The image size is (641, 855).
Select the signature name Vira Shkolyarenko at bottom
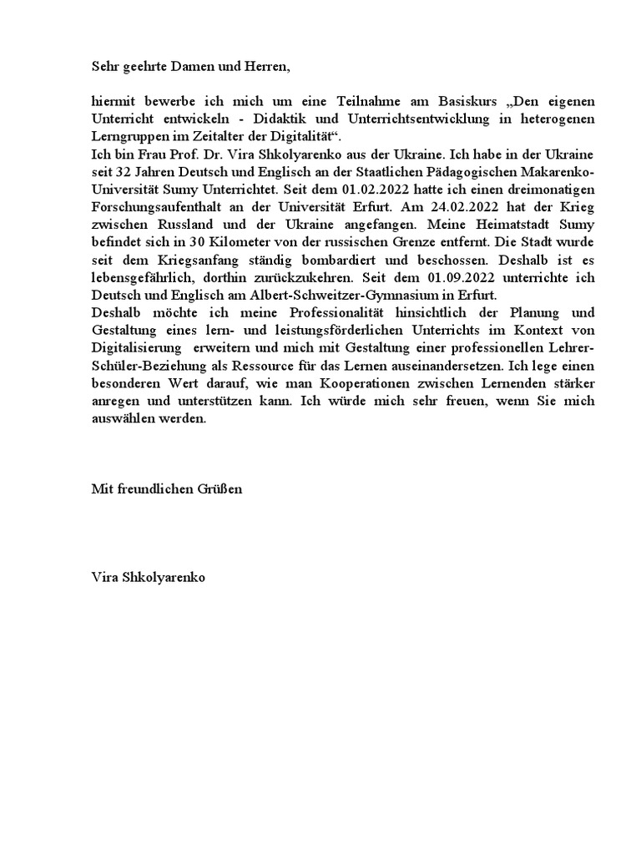148,577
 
